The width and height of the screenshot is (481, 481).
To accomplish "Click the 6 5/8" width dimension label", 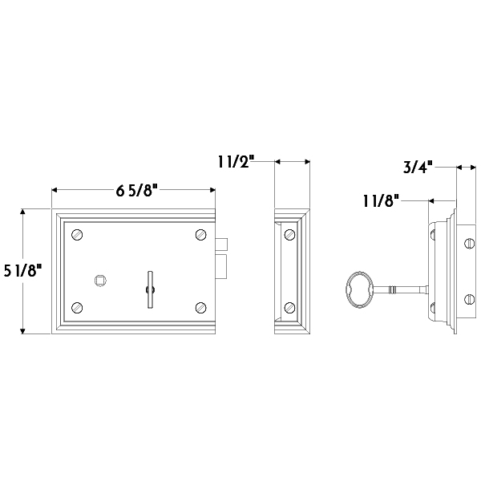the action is (x=137, y=191).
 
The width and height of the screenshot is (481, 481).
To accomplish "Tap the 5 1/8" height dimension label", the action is (x=23, y=271).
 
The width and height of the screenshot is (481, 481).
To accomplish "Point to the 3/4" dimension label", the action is (x=418, y=168).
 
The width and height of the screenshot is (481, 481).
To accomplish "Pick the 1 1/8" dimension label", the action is (x=382, y=201).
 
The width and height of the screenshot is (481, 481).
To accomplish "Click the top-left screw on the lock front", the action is (x=77, y=235).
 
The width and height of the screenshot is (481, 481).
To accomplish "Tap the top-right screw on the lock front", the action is (x=201, y=235).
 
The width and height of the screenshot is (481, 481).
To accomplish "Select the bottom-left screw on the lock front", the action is (x=77, y=307).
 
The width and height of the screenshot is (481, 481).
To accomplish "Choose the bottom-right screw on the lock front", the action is (x=201, y=307).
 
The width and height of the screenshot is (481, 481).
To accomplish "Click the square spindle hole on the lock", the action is (x=100, y=281).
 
